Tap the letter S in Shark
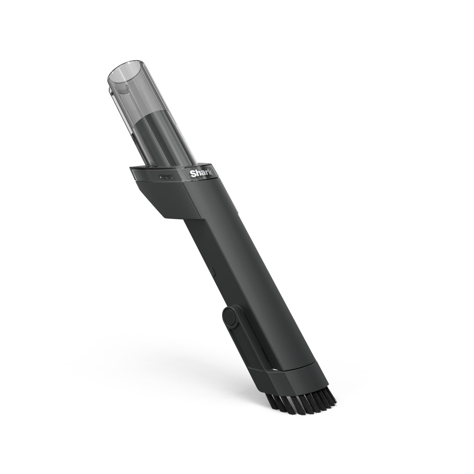click(x=192, y=174)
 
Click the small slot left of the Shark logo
click(x=167, y=177)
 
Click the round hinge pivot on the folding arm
click(x=231, y=316)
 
